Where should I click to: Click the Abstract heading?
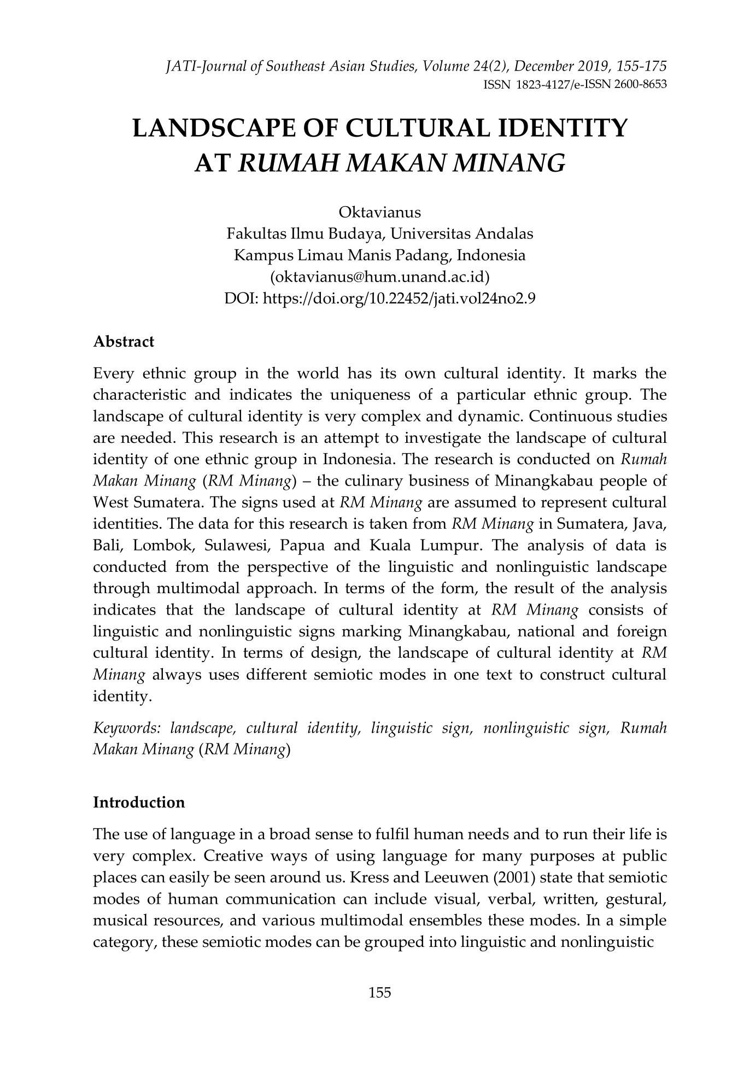pos(124,342)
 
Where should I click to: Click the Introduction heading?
pos(139,803)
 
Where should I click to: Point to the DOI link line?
pos(380,298)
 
